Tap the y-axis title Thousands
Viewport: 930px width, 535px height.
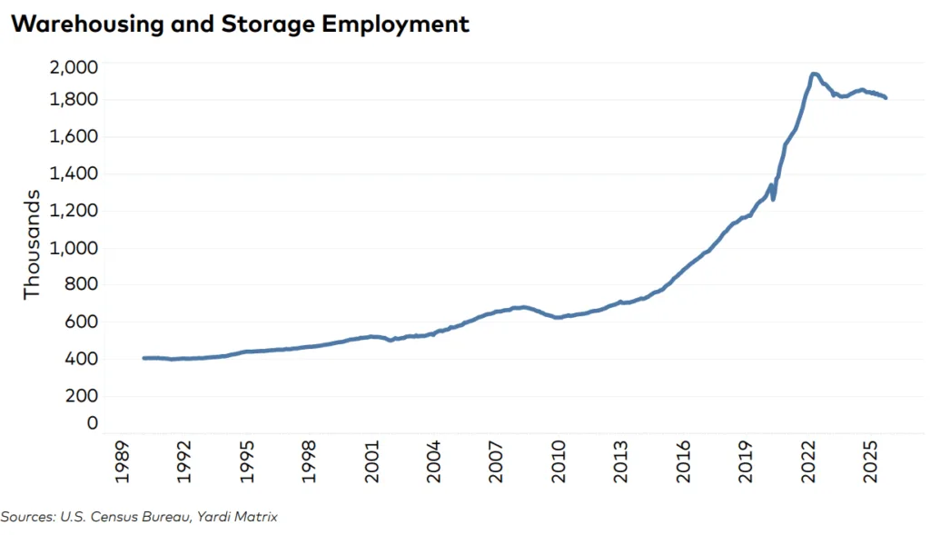tap(33, 244)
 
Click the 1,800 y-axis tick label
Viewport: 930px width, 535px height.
tap(74, 100)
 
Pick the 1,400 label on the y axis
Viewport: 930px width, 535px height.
tap(74, 173)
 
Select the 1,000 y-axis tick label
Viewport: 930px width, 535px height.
tap(74, 248)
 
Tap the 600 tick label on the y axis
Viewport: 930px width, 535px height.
tap(79, 322)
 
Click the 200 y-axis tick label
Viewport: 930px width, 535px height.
tap(79, 396)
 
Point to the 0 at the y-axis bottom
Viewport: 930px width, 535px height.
tap(92, 422)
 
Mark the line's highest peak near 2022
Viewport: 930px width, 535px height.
tap(814, 74)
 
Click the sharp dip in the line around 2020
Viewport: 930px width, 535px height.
tap(774, 198)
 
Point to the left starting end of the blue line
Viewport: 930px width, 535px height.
tap(144, 358)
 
